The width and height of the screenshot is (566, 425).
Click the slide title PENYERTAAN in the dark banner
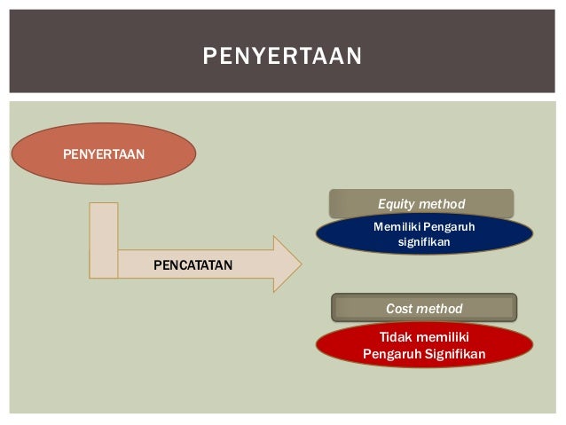click(282, 57)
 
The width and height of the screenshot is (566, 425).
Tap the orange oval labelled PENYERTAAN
click(104, 153)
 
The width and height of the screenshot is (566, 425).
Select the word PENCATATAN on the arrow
click(193, 264)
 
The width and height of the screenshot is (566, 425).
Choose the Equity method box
click(421, 204)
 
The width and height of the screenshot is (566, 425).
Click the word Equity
click(397, 205)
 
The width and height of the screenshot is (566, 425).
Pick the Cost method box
click(424, 308)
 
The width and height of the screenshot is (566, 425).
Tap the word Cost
click(401, 309)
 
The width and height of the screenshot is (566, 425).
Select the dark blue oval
click(424, 234)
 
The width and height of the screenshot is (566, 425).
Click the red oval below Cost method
click(424, 346)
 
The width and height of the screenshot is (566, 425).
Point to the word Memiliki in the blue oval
click(396, 227)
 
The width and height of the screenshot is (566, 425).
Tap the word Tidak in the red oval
click(396, 337)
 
